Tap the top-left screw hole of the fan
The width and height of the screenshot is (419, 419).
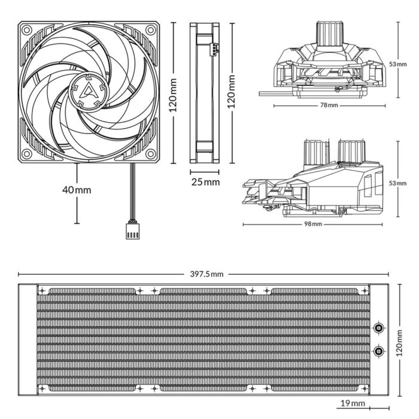(26, 29)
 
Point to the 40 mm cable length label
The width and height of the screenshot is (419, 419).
(77, 190)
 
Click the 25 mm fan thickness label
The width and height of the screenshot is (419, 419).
(205, 181)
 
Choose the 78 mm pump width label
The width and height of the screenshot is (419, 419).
(329, 105)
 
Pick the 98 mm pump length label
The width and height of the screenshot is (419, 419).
(312, 224)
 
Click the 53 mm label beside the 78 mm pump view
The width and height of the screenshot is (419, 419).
(408, 63)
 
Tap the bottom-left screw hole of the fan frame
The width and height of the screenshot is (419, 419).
(26, 154)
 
